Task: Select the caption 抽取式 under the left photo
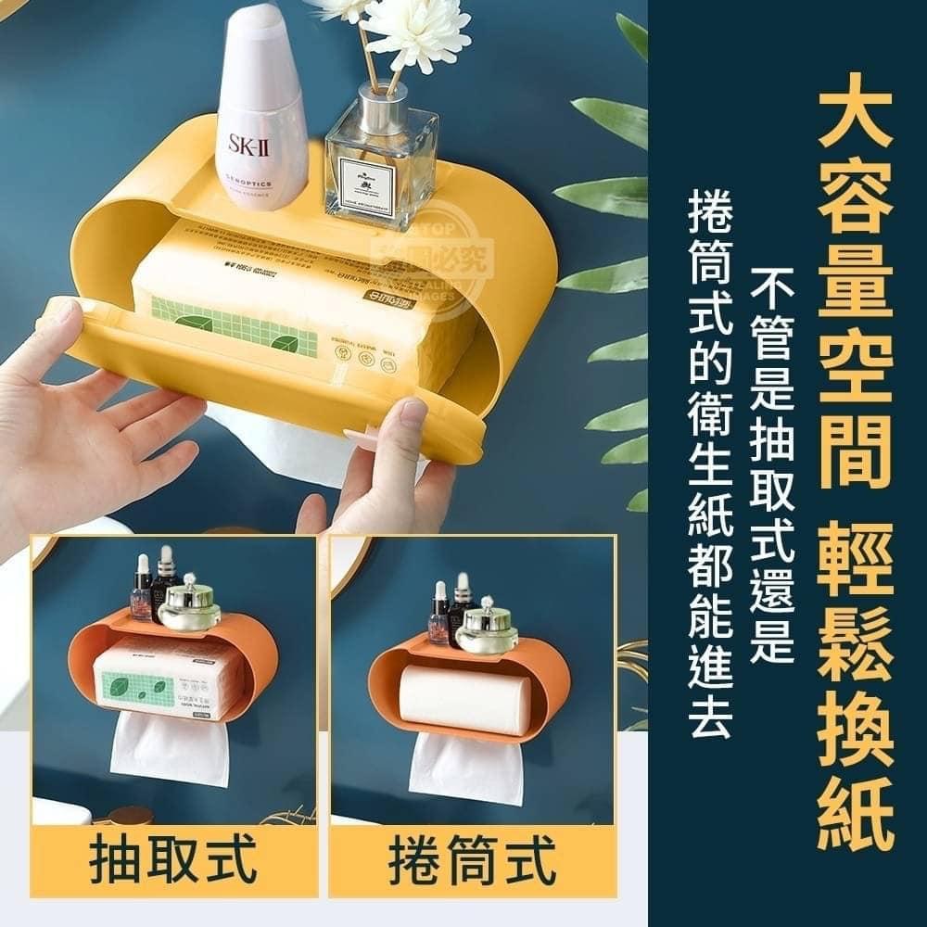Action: coord(174,861)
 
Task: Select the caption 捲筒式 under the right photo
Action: coord(473,861)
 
